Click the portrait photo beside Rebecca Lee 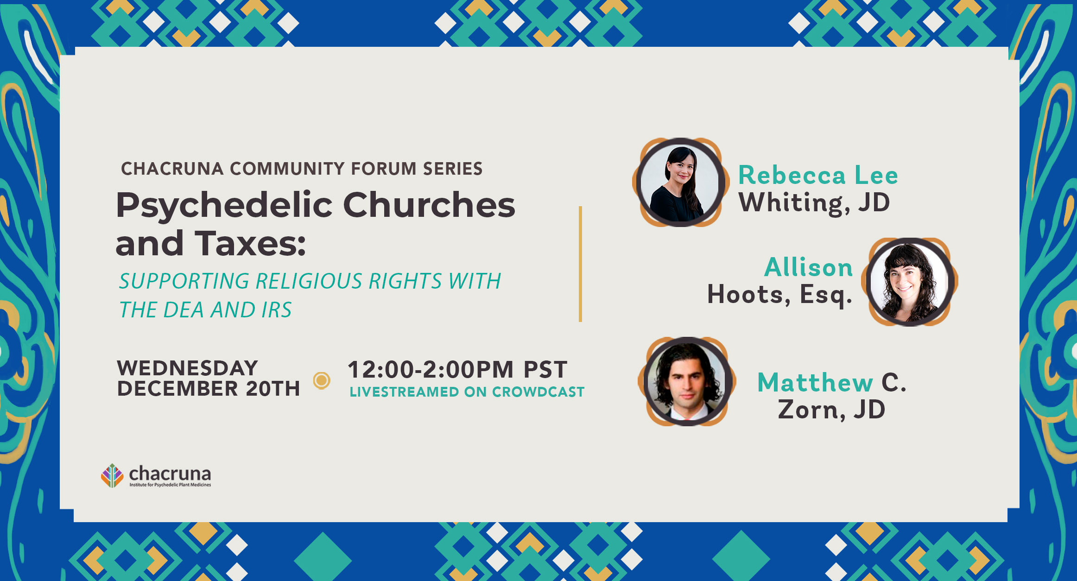pos(680,183)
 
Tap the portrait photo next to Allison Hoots pos(910,282)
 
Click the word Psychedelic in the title pos(224,206)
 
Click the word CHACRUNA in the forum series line pos(172,169)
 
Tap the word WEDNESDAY pos(187,368)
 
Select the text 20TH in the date pos(273,388)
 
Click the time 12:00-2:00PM pos(431,370)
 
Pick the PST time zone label pos(545,370)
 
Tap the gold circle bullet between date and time pos(322,381)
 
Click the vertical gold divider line pos(580,264)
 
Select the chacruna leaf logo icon pos(112,476)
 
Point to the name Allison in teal pos(808,267)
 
